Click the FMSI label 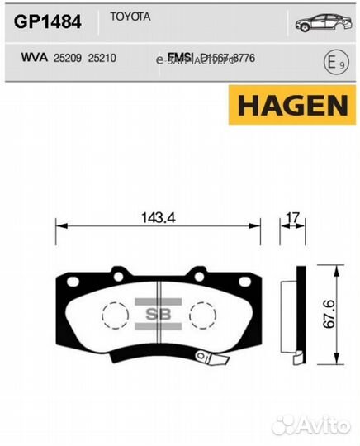pyautogui.click(x=179, y=57)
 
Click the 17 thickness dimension pyautogui.click(x=291, y=217)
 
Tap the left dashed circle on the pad pyautogui.click(x=115, y=314)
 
